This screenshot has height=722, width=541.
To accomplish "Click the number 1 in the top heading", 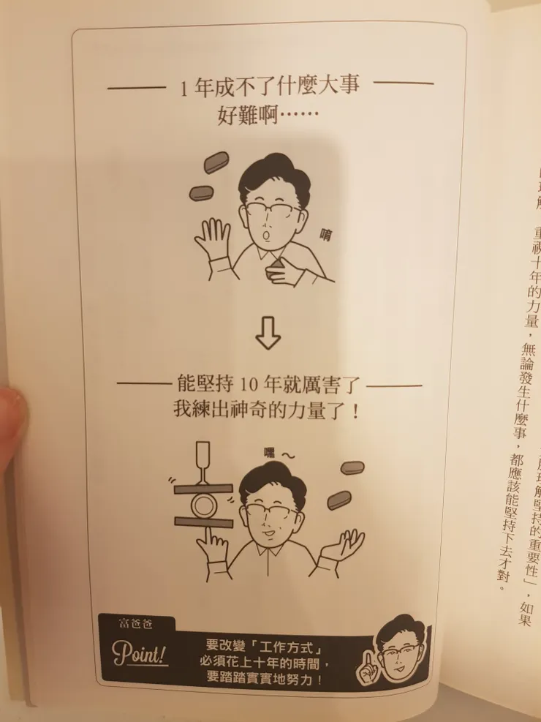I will point(184,88).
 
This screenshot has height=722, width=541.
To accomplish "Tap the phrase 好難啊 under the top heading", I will point(247,115).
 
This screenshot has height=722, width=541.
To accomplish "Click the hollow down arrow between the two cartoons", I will point(268,334).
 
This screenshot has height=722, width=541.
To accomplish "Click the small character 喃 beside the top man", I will point(325,233).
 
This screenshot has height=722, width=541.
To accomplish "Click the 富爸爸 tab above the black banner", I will point(132,623).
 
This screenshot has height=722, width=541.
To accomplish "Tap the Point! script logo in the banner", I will point(140,653).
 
